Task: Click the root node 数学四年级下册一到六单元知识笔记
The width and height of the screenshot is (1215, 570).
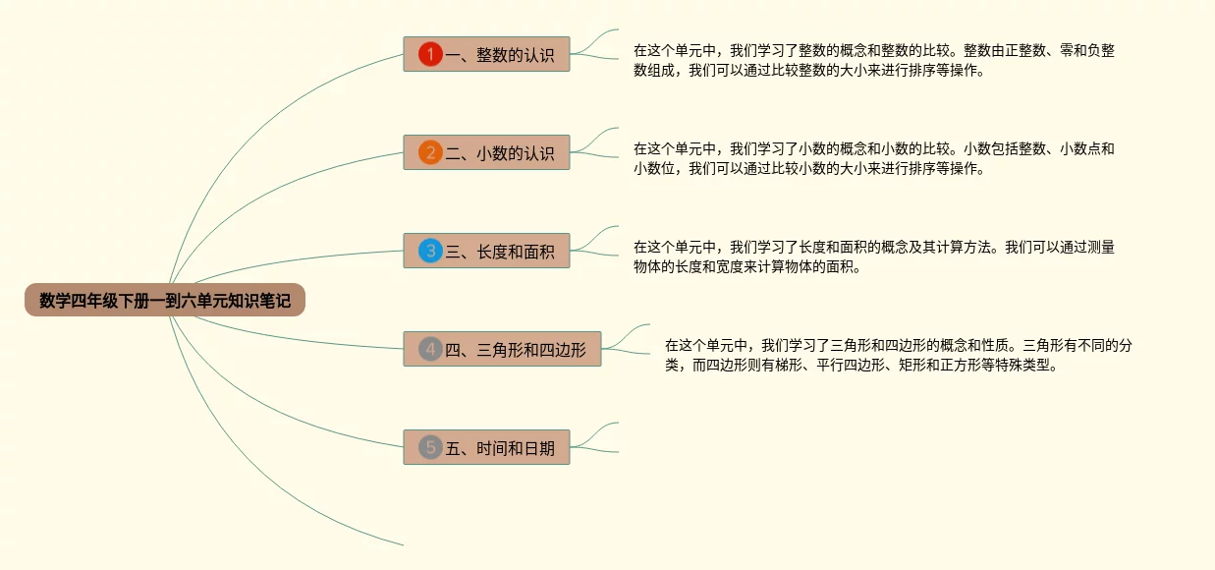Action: [x=165, y=301]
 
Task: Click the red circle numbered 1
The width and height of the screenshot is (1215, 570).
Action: [x=430, y=55]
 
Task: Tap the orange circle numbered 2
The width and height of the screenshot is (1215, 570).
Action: [x=430, y=153]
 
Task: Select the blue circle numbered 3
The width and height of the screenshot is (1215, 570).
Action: [x=430, y=252]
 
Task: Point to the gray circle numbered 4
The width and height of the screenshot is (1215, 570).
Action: [x=430, y=350]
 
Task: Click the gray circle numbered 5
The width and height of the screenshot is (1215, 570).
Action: [x=430, y=448]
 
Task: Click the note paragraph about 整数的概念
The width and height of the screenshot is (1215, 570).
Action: [x=873, y=60]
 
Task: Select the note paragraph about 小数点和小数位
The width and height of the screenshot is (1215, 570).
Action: [x=873, y=158]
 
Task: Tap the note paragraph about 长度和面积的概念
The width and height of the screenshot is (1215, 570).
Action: [x=873, y=256]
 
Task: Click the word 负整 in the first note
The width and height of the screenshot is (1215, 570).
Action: [x=1101, y=50]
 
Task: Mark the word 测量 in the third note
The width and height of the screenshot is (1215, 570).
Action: [x=1101, y=247]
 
